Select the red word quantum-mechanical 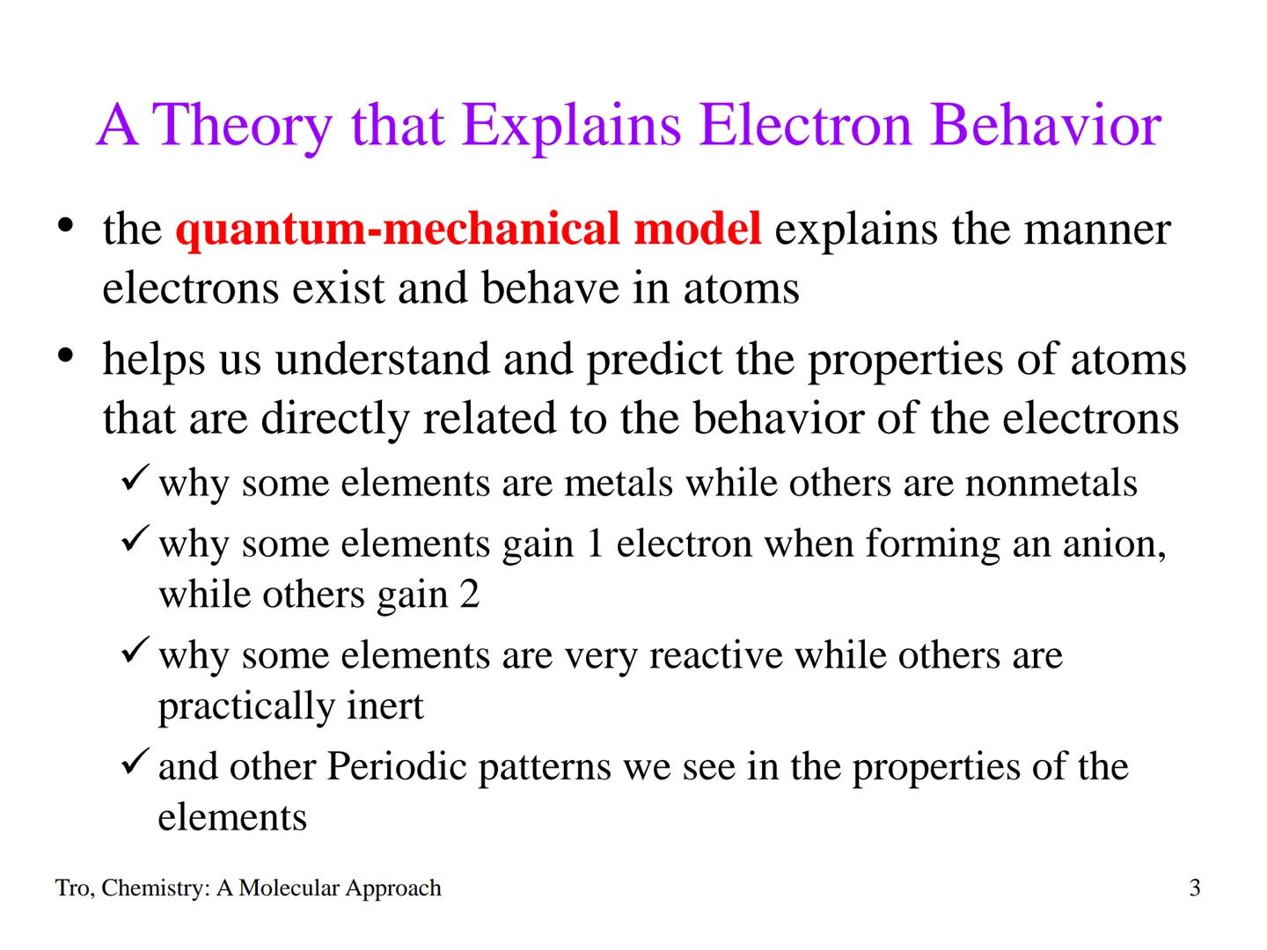[399, 229]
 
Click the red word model [697, 229]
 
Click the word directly [335, 418]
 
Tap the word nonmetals [1051, 483]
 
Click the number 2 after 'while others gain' [469, 595]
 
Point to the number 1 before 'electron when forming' [595, 544]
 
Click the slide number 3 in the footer [1194, 888]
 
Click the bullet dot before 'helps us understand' [64, 356]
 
